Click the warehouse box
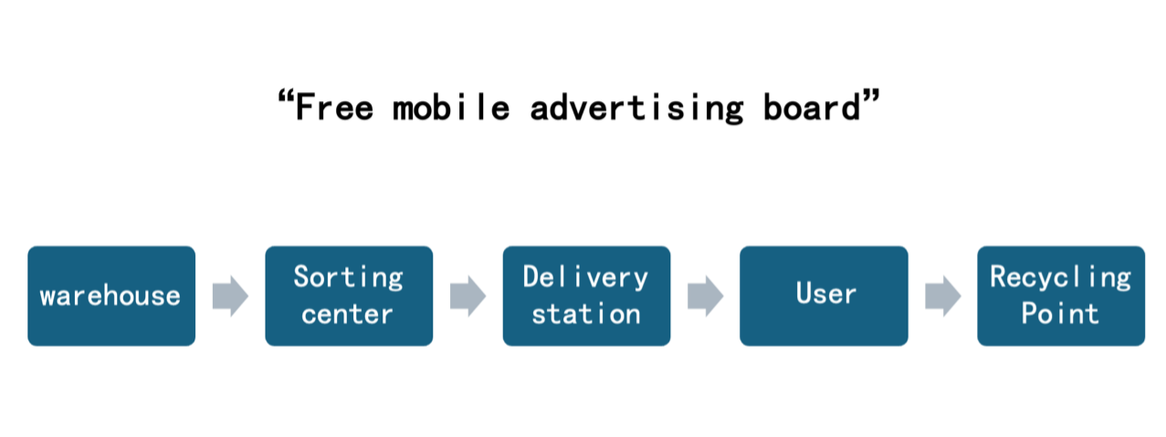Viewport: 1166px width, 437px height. pyautogui.click(x=111, y=296)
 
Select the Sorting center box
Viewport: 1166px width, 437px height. pyautogui.click(x=349, y=296)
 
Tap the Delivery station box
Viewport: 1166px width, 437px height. pyautogui.click(x=586, y=296)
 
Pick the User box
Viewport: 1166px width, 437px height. pyautogui.click(x=824, y=296)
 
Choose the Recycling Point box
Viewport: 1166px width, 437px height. pyautogui.click(x=1061, y=296)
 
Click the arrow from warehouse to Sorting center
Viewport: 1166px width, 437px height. pyautogui.click(x=230, y=296)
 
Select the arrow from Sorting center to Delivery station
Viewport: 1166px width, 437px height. pyautogui.click(x=467, y=296)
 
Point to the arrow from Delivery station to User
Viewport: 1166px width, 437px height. pyautogui.click(x=705, y=296)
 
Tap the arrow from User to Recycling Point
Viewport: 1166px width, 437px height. pyautogui.click(x=942, y=296)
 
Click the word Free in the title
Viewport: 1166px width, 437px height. pyautogui.click(x=336, y=108)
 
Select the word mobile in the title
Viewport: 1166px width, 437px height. pyautogui.click(x=451, y=108)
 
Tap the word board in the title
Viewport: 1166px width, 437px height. pyautogui.click(x=813, y=108)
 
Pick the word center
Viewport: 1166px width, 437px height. pyautogui.click(x=348, y=315)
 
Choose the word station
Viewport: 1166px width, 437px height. pyautogui.click(x=585, y=315)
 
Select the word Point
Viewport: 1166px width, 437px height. pyautogui.click(x=1060, y=315)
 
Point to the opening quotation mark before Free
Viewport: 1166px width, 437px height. pyautogui.click(x=284, y=97)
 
